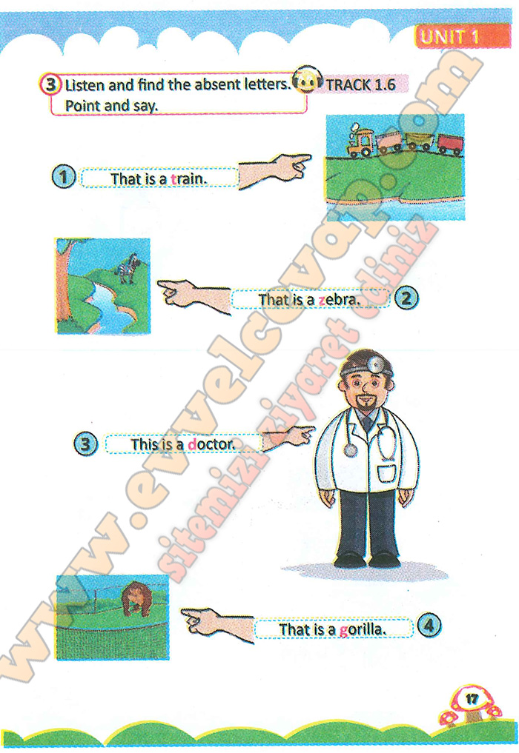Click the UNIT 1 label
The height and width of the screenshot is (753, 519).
449,36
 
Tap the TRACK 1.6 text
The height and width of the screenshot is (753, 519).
360,85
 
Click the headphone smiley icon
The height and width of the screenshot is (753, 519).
307,80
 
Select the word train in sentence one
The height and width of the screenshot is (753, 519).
189,178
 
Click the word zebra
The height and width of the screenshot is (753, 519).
339,300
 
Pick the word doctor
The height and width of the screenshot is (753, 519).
211,444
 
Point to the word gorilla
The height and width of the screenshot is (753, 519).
363,629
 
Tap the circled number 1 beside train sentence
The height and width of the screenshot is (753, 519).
63,177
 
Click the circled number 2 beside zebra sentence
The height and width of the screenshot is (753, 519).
406,298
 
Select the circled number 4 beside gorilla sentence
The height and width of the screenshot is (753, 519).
429,626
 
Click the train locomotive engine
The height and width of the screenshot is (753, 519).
362,141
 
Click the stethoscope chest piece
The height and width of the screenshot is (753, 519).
351,450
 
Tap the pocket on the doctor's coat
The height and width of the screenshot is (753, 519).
388,472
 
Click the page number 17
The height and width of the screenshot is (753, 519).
472,699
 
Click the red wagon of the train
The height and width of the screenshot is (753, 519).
450,145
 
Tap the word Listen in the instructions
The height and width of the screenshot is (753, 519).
85,85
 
